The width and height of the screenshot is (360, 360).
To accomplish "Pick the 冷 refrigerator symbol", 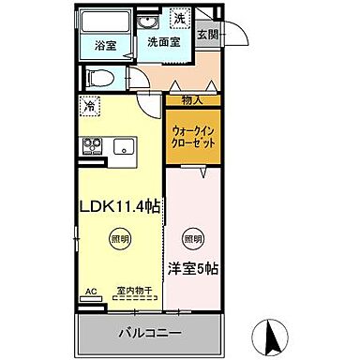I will [x=88, y=107].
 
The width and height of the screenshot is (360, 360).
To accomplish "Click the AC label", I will [x=91, y=292].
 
